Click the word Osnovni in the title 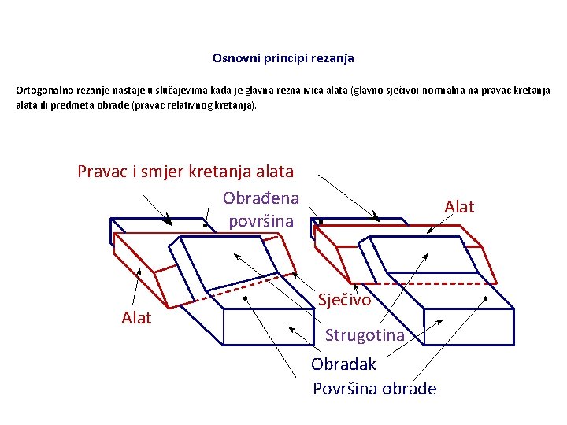click(x=233, y=58)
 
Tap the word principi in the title click(x=280, y=58)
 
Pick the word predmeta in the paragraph click(x=73, y=105)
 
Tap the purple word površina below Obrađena click(x=261, y=221)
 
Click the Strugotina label click(x=365, y=335)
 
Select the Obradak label click(x=343, y=364)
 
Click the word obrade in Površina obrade click(x=409, y=389)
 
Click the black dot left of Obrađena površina click(x=205, y=226)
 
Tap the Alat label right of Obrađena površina click(x=459, y=207)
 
